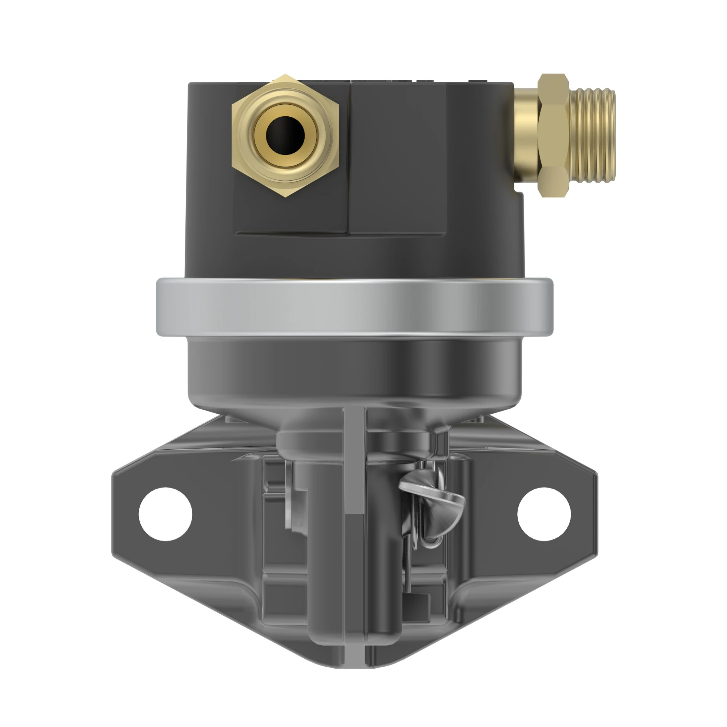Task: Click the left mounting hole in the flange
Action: (165, 514)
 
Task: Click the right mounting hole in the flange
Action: (544, 514)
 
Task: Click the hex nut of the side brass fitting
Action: (553, 136)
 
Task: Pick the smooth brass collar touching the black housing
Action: (526, 136)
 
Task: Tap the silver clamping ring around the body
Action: (354, 307)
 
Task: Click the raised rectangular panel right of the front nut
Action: (398, 158)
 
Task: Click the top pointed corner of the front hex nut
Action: (285, 77)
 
